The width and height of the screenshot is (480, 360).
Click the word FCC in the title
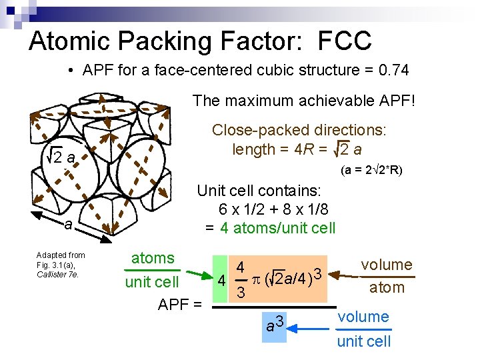pyautogui.click(x=345, y=41)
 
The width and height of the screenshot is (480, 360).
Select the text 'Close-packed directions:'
pyautogui.click(x=299, y=131)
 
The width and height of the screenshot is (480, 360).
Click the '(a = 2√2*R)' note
pyautogui.click(x=371, y=171)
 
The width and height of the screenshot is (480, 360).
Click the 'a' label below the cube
pyautogui.click(x=69, y=225)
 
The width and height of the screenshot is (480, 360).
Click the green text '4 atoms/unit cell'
pyautogui.click(x=278, y=227)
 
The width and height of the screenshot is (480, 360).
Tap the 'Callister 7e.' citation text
pyautogui.click(x=59, y=274)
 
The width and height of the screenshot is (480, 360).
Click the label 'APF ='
pyautogui.click(x=179, y=305)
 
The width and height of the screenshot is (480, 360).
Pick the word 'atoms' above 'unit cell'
pyautogui.click(x=153, y=258)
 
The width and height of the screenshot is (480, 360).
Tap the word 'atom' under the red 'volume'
pyautogui.click(x=387, y=287)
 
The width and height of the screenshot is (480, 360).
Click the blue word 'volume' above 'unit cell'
pyautogui.click(x=363, y=317)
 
